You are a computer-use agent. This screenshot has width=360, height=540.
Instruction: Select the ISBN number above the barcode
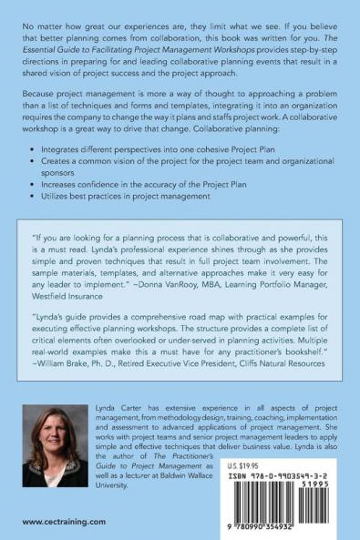[x=274, y=474]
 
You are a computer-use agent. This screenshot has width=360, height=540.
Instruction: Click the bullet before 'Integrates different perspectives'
[x=34, y=147]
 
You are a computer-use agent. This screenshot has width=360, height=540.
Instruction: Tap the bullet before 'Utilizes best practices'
[x=34, y=195]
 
